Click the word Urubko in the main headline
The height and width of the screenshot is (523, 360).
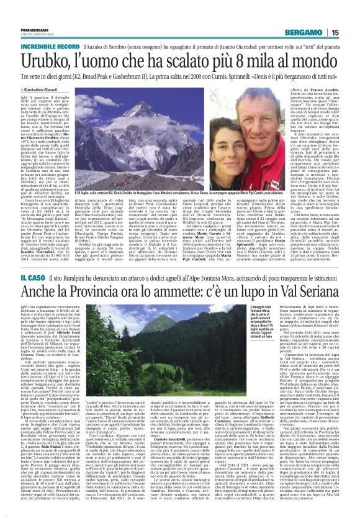point(47,63)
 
